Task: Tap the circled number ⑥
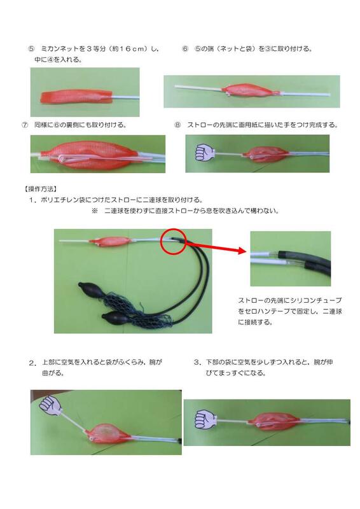coord(185,48)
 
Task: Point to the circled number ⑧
coord(178,125)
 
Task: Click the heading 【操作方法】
coord(39,189)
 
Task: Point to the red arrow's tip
coord(246,253)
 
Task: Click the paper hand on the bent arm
coord(50,405)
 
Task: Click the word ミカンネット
coord(60,48)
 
